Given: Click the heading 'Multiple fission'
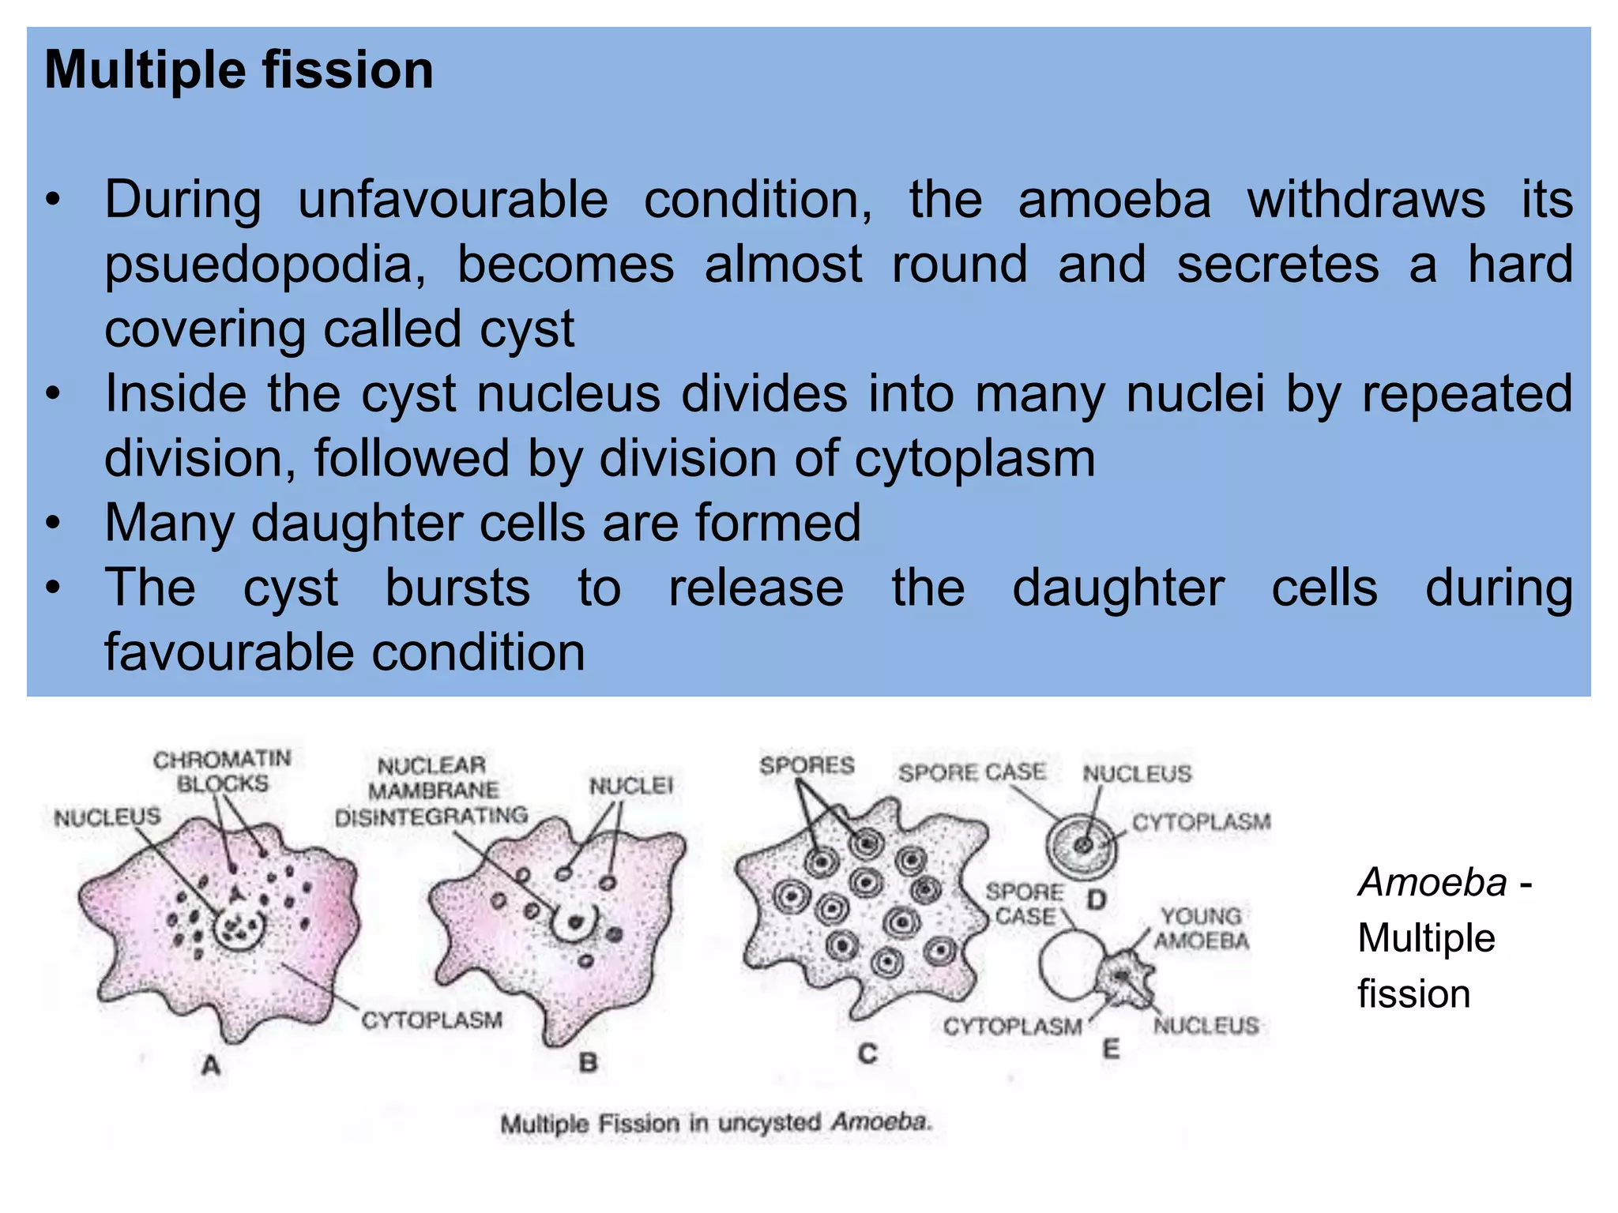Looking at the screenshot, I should pos(239,70).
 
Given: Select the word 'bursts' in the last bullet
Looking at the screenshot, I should pos(457,588).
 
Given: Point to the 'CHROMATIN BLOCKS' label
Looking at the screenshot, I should pos(222,772).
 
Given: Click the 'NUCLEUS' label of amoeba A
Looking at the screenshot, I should pos(107,817).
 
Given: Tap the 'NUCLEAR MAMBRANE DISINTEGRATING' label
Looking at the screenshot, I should pos(431,791).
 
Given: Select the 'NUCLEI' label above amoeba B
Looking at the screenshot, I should pos(630,786).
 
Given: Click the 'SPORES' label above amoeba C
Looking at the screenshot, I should pos(807,765).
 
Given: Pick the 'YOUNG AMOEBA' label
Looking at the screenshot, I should pos(1201,929).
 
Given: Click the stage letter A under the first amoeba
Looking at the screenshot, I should pos(211,1065).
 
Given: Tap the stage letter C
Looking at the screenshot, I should pos(867,1053).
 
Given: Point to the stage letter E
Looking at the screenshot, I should pos(1111,1050).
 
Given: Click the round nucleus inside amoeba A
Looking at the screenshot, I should pos(239,929).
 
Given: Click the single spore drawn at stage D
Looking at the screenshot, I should pos(1082,846).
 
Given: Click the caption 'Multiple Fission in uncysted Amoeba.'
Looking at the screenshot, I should pos(716,1122).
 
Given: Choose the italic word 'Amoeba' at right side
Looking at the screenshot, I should pos(1432,882).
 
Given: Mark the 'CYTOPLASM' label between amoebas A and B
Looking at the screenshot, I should pos(431,1020).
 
